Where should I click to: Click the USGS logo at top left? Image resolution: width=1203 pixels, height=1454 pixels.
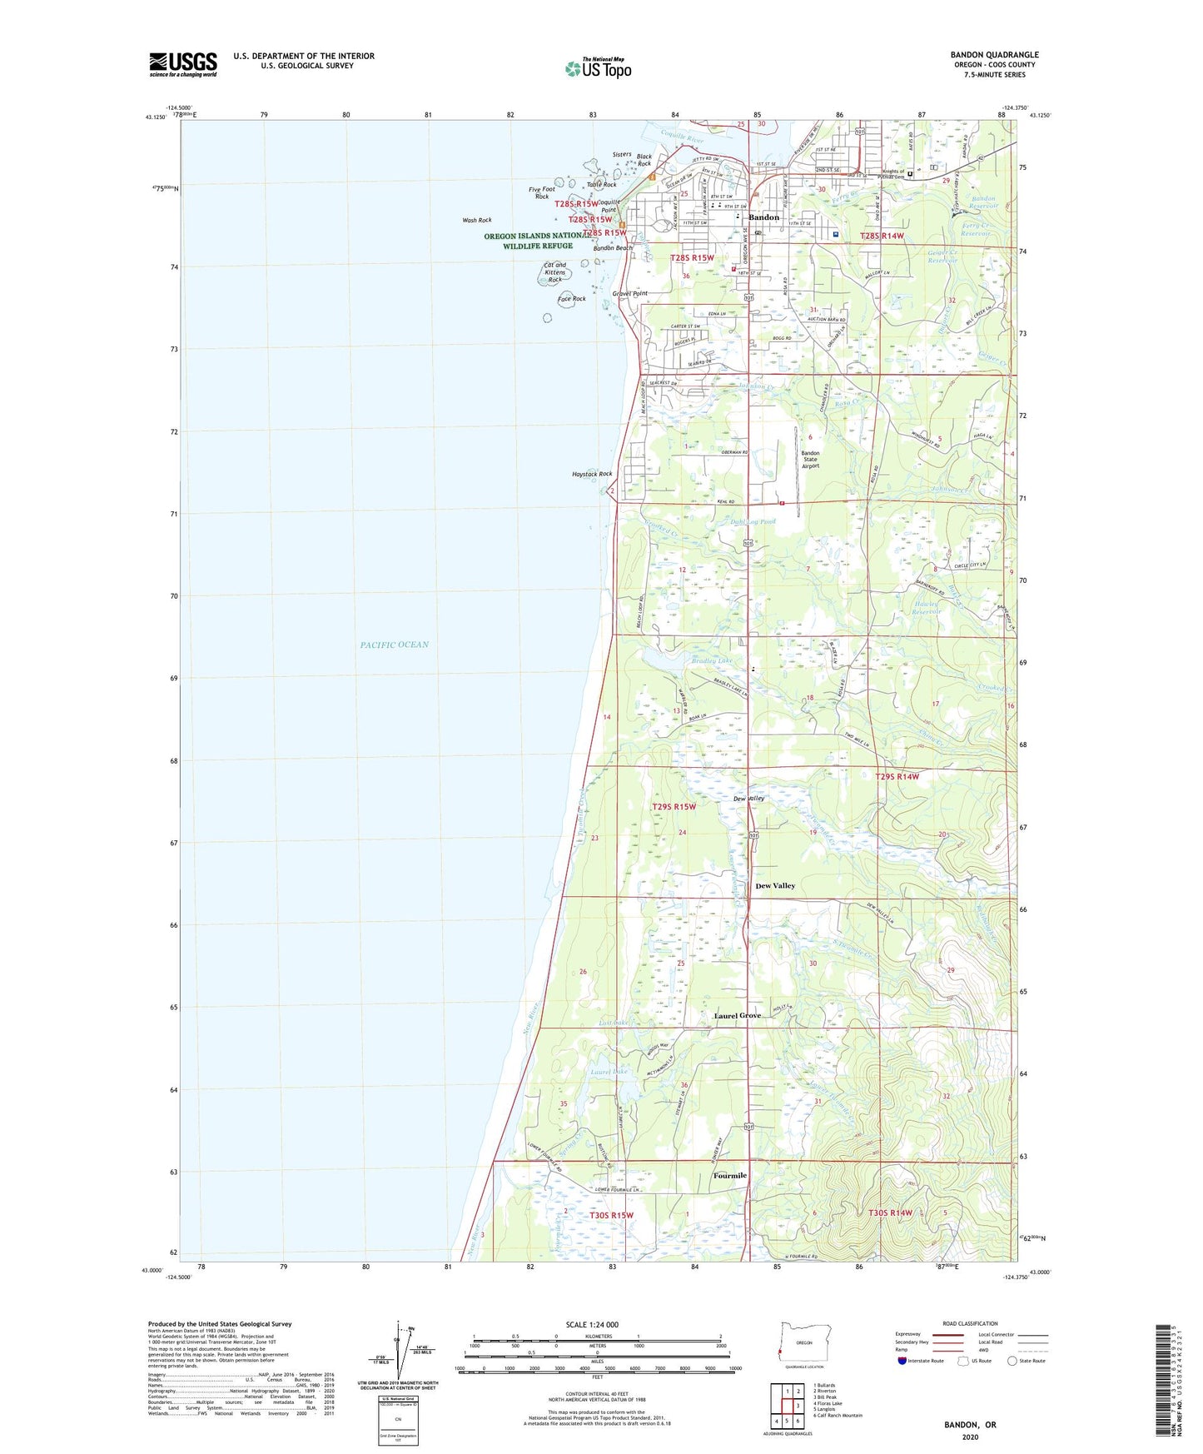[x=183, y=64]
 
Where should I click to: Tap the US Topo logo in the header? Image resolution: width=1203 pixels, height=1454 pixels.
[x=597, y=68]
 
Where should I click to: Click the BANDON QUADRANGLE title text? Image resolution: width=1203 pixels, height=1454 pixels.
[x=994, y=55]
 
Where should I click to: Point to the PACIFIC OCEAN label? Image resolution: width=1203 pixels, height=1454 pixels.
[x=395, y=645]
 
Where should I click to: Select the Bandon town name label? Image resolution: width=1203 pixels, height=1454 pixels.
[x=763, y=217]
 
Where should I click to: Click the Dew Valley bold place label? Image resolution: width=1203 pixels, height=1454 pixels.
[x=774, y=886]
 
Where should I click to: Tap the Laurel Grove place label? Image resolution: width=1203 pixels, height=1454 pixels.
[x=737, y=1016]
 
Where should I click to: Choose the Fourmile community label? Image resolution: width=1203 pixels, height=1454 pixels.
[x=729, y=1176]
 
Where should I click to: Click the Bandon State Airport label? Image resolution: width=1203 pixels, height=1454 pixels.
[x=810, y=460]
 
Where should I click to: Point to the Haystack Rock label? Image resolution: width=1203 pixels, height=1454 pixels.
[x=591, y=474]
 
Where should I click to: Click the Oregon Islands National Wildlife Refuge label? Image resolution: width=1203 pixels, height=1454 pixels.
[x=529, y=241]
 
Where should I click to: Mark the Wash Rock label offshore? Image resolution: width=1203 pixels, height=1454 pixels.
[x=477, y=221]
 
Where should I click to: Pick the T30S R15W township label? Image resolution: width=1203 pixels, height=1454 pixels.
[x=611, y=1215]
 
